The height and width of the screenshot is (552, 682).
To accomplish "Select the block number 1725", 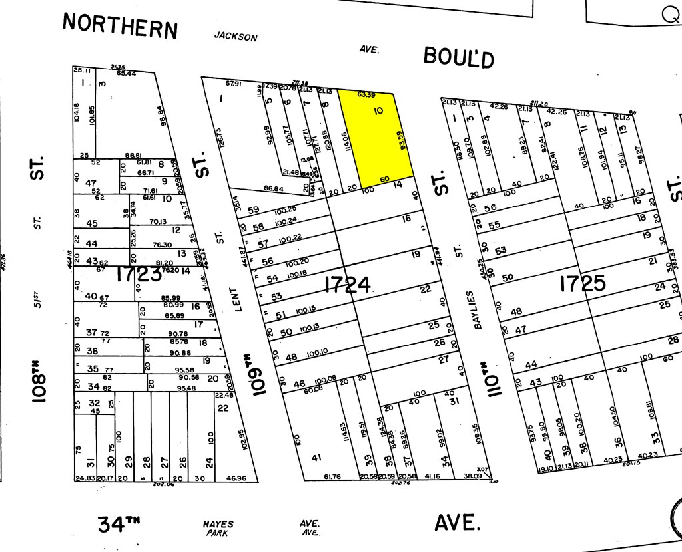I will click(582, 284).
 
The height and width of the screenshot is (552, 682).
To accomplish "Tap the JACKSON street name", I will click(235, 37).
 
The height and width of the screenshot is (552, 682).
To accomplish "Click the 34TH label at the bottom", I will click(120, 525).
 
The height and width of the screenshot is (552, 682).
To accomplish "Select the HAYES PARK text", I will click(218, 528).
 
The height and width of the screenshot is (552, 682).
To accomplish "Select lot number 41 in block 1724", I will click(316, 458).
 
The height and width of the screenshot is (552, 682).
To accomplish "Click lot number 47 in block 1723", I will click(91, 183).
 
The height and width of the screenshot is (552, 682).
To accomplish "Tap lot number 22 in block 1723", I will click(222, 408).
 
